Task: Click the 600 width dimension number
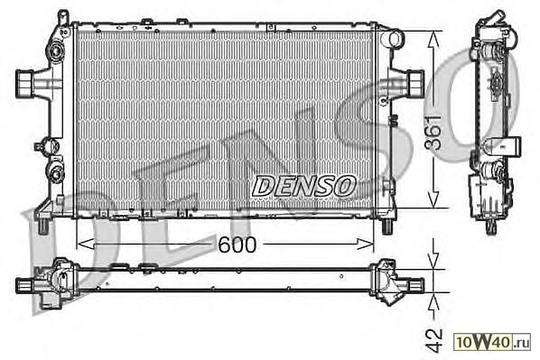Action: (x=237, y=245)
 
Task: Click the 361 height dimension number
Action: (x=433, y=132)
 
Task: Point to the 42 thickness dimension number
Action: (x=433, y=340)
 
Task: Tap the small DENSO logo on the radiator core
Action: (x=303, y=186)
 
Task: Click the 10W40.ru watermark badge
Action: (x=492, y=342)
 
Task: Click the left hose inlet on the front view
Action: (x=25, y=83)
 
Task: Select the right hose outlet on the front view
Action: (x=414, y=83)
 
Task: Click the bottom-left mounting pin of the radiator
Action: (x=42, y=226)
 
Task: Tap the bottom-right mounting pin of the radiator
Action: (x=387, y=226)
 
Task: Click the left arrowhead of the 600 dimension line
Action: (x=85, y=244)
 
